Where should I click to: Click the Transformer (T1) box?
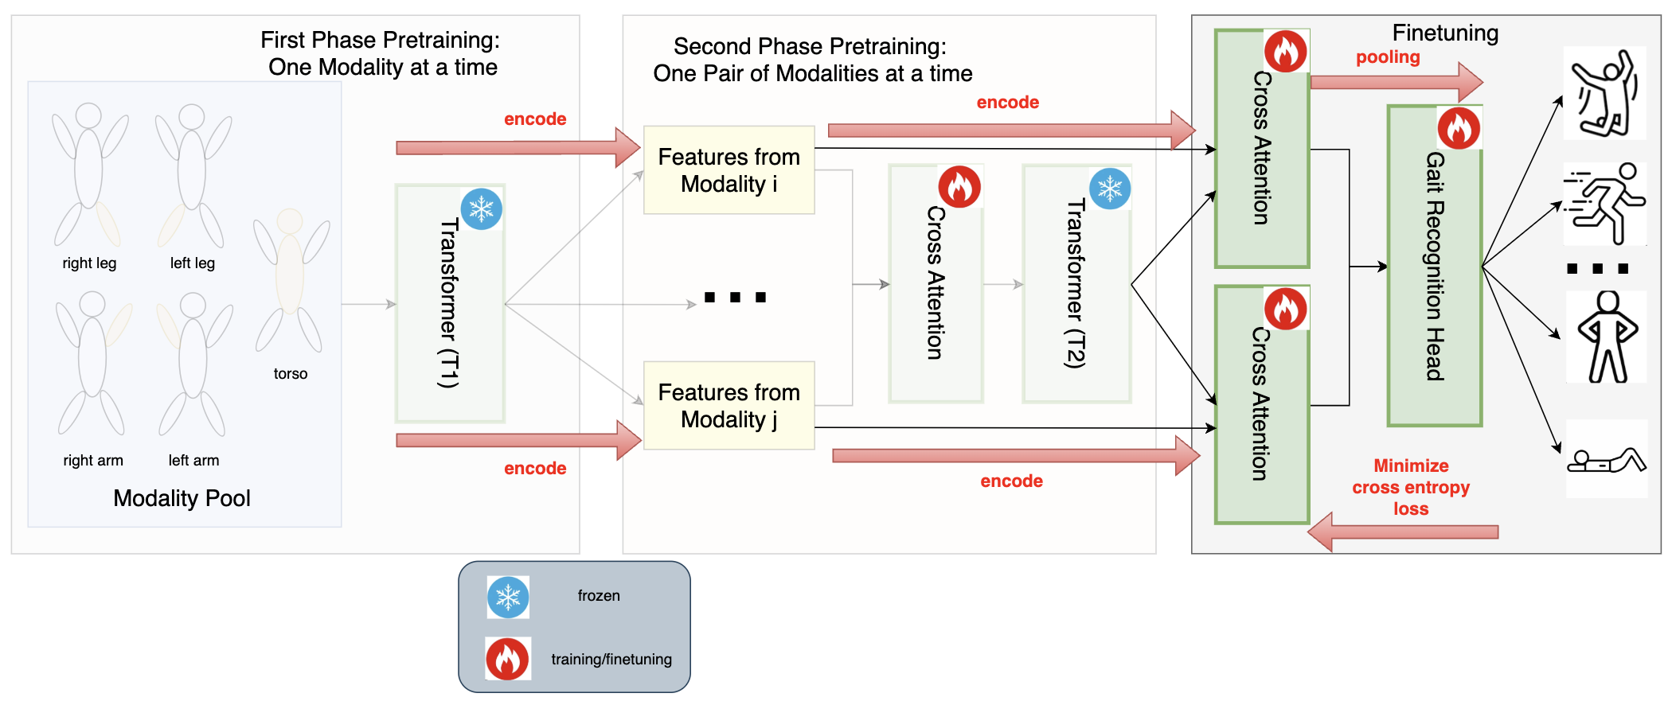coord(450,303)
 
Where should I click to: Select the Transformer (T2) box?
coord(1076,284)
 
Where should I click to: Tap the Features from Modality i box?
coord(729,170)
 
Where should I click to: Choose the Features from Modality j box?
coord(729,406)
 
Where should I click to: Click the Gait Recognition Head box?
coord(1434,267)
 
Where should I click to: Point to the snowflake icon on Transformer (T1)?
coord(482,209)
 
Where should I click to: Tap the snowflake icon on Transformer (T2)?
coord(1110,189)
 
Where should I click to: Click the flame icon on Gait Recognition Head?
coord(1459,128)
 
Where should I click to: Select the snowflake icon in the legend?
coord(508,598)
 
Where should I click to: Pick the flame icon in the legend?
coord(508,659)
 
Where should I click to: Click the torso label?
coord(291,374)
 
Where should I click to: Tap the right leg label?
coord(89,263)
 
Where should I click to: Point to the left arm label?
coord(193,461)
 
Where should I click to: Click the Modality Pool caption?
coord(182,498)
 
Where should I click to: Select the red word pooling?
coord(1388,57)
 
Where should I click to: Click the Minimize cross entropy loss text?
coord(1410,487)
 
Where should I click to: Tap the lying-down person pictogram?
coord(1606,460)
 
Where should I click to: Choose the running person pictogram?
coord(1605,204)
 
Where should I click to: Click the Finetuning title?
coord(1445,33)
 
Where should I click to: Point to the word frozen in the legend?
coord(599,596)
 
